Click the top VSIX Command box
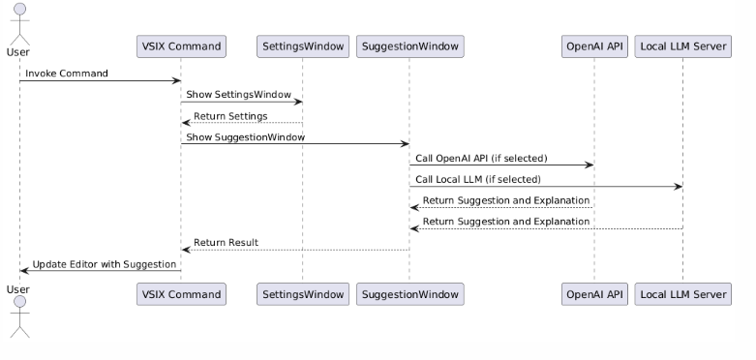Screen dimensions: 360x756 pyautogui.click(x=181, y=45)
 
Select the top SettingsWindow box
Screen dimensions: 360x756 pyautogui.click(x=302, y=45)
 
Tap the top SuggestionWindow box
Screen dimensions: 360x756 pyautogui.click(x=409, y=45)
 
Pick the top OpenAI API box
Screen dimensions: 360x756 pyautogui.click(x=594, y=45)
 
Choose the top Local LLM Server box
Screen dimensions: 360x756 pyautogui.click(x=682, y=45)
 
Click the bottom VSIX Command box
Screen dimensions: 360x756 pyautogui.click(x=181, y=293)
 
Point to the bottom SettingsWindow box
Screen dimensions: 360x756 pyautogui.click(x=302, y=293)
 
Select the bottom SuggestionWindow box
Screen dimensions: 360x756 pyautogui.click(x=409, y=293)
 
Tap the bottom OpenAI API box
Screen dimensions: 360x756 pyautogui.click(x=594, y=293)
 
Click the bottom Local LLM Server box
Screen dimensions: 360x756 pyautogui.click(x=682, y=293)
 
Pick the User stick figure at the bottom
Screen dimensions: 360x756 pyautogui.click(x=18, y=316)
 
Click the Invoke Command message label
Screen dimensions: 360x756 pyautogui.click(x=67, y=74)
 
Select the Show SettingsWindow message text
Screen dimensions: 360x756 pyautogui.click(x=231, y=95)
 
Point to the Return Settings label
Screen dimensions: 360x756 pyautogui.click(x=230, y=116)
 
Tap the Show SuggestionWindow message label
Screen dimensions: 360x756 pyautogui.click(x=245, y=137)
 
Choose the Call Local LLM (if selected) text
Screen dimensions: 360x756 pyautogui.click(x=478, y=179)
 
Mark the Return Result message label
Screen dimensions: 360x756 pyautogui.click(x=226, y=242)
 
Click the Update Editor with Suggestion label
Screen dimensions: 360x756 pyautogui.click(x=104, y=263)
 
